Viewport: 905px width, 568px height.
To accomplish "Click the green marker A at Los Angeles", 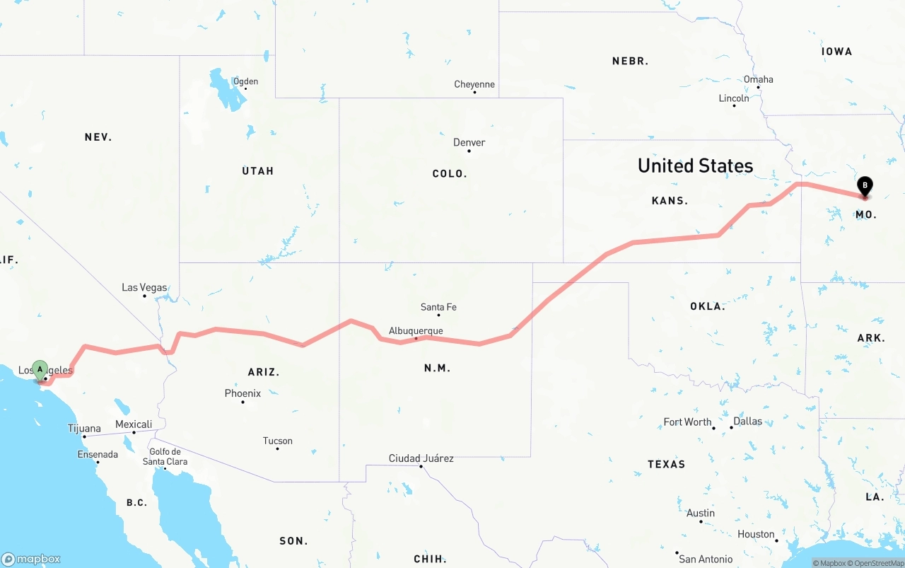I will (40, 369).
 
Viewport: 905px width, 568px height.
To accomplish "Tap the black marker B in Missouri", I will (865, 185).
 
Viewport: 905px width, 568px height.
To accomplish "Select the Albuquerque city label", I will (416, 330).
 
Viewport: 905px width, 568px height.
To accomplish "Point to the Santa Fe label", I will (438, 307).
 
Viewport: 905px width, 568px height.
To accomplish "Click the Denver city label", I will (469, 142).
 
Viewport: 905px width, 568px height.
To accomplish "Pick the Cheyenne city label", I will (474, 84).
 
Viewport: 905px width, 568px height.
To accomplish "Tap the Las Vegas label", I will (144, 287).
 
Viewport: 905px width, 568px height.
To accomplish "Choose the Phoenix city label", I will (243, 393).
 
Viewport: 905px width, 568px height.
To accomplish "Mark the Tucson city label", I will (277, 441).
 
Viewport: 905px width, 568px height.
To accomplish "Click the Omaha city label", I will (758, 79).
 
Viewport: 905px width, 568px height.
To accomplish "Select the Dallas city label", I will (747, 421).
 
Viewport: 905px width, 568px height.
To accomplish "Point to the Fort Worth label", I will (687, 422).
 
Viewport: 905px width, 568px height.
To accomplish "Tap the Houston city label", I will (756, 534).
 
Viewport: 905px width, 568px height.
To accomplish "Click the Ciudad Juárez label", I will (421, 458).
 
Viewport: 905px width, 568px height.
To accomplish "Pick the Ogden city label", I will (245, 81).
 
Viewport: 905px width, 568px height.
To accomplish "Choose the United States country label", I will (695, 166).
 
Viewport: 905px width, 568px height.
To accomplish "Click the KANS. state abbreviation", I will (670, 201).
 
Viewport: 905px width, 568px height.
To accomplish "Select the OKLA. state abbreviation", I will (708, 306).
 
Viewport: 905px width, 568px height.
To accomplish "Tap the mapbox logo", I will (31, 559).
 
